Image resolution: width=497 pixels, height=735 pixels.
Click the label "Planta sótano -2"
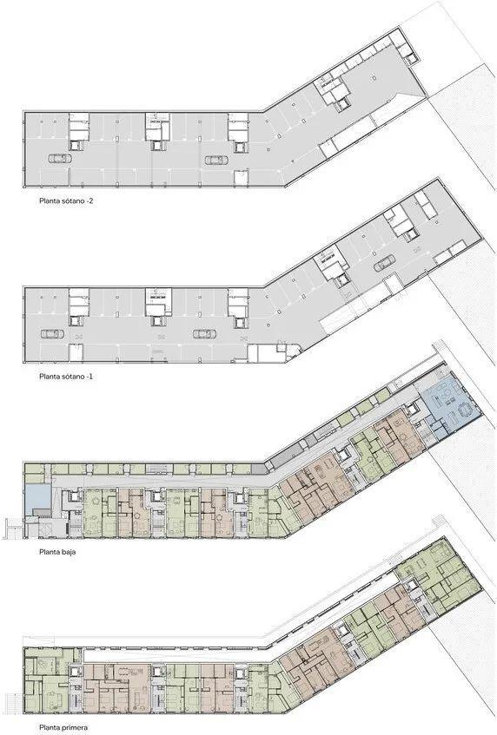(69, 201)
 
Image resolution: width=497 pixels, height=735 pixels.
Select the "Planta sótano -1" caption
(66, 377)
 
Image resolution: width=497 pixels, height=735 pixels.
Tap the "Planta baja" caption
(57, 552)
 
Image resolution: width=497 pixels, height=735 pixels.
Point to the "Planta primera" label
(63, 728)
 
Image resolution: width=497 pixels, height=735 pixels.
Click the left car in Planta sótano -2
(60, 159)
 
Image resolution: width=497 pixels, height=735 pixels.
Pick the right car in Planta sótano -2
(215, 161)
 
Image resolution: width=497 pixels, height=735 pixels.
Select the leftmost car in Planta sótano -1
(52, 334)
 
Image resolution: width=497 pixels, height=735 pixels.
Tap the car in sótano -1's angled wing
(384, 264)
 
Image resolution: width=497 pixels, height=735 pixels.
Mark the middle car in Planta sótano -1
(204, 334)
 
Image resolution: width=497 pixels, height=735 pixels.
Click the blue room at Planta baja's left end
(37, 497)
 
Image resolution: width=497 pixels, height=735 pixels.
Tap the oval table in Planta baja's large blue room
(465, 410)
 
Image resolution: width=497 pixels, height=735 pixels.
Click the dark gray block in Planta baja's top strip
(258, 469)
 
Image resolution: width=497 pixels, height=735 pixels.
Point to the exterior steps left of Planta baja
(12, 528)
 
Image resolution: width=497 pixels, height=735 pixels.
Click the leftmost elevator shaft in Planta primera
(76, 672)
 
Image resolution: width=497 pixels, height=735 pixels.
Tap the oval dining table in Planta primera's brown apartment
(125, 672)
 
